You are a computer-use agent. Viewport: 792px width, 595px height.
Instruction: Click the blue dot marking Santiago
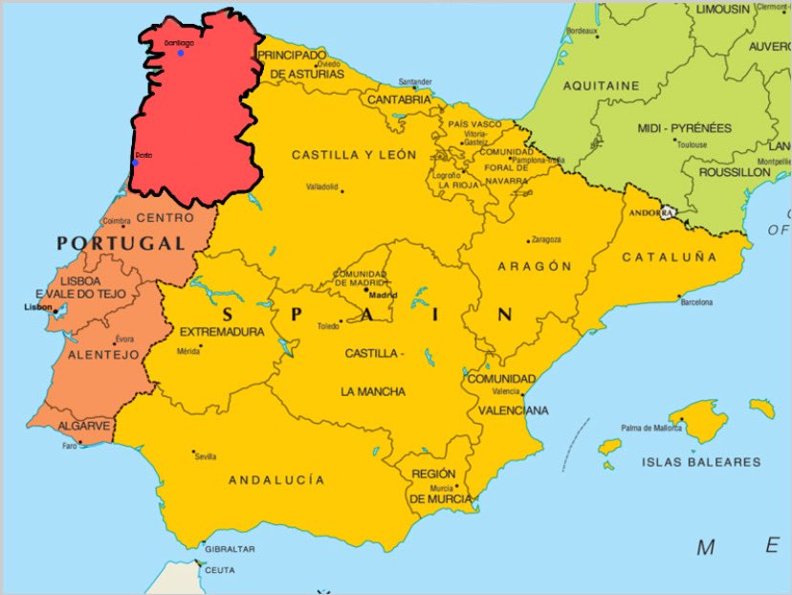pos(180,52)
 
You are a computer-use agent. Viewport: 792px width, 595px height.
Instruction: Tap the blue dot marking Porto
pos(135,163)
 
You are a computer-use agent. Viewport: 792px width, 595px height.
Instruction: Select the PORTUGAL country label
pos(121,244)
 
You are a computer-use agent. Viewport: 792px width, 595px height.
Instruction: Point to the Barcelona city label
pos(696,302)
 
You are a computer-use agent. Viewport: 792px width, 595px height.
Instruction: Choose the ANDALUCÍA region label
pos(276,479)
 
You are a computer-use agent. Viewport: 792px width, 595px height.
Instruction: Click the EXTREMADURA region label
pos(222,332)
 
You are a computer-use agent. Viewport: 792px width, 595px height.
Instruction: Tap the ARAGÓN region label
pos(535,267)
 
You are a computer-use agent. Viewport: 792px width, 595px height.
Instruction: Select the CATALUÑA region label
pos(669,257)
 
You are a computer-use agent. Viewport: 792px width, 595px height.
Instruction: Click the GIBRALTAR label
pos(230,549)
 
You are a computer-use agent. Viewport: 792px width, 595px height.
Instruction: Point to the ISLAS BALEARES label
pos(702,462)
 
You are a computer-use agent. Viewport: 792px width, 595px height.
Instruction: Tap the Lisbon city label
pos(37,308)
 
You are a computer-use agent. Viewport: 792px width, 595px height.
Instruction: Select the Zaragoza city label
pos(545,239)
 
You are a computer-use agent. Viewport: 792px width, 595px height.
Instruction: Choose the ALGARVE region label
pos(83,426)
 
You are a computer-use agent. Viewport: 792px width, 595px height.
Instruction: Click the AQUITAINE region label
pos(601,85)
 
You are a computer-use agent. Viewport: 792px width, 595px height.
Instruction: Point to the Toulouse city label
pos(692,145)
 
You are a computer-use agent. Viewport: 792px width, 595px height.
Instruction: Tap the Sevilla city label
pos(205,457)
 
